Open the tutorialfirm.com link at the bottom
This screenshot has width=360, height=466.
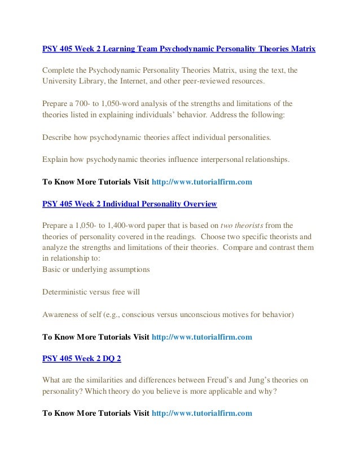(202, 413)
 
